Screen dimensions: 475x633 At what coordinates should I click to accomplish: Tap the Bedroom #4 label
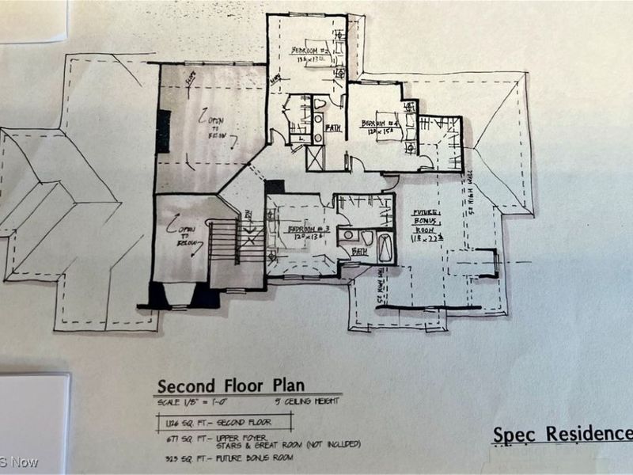tap(377, 123)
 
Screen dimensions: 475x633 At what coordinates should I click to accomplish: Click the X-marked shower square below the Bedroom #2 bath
tap(314, 158)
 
